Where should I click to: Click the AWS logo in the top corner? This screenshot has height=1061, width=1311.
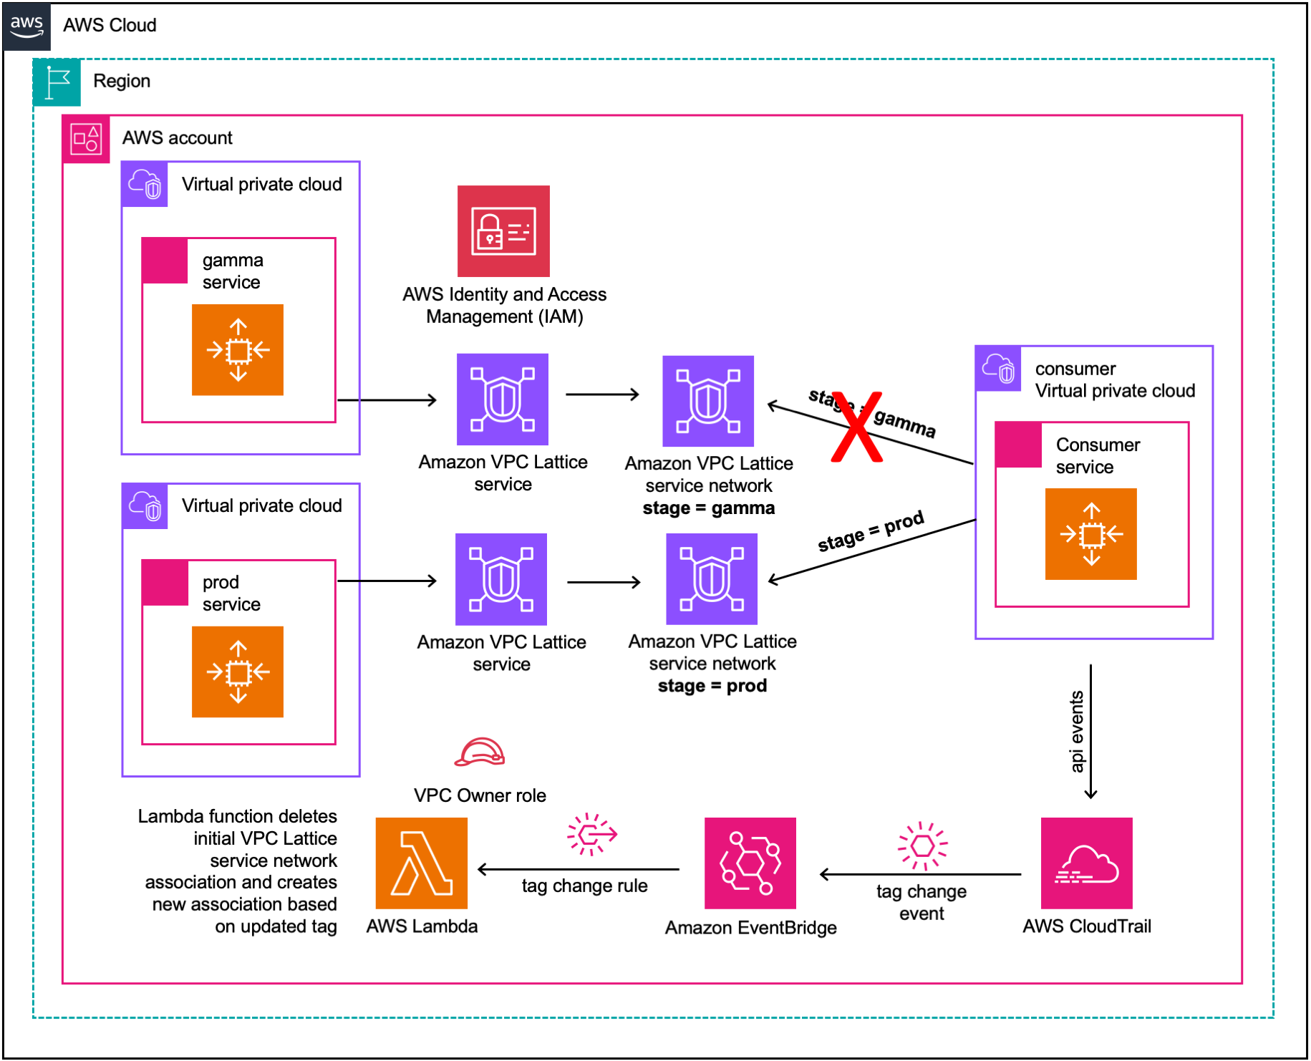pyautogui.click(x=26, y=26)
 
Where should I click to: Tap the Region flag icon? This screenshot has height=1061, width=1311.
pyautogui.click(x=57, y=82)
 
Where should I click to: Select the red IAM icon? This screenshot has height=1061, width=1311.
pyautogui.click(x=503, y=231)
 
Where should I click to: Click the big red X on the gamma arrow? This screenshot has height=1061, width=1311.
pyautogui.click(x=856, y=427)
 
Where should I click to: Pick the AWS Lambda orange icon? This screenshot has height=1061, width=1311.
pyautogui.click(x=421, y=863)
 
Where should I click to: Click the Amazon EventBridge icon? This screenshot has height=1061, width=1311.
pyautogui.click(x=750, y=863)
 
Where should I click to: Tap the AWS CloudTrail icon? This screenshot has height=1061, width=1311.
pyautogui.click(x=1086, y=863)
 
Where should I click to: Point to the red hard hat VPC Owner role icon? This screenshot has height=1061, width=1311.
pyautogui.click(x=480, y=752)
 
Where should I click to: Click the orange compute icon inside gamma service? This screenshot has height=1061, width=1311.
pyautogui.click(x=238, y=350)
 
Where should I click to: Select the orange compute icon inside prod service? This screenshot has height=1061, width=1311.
pyautogui.click(x=238, y=672)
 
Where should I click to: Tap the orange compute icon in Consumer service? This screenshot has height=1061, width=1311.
pyautogui.click(x=1090, y=534)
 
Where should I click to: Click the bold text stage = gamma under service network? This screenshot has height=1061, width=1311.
pyautogui.click(x=708, y=508)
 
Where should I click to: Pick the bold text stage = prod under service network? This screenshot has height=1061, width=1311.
pyautogui.click(x=712, y=686)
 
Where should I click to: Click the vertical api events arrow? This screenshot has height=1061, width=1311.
pyautogui.click(x=1090, y=730)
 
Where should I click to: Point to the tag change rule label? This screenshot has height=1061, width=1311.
pyautogui.click(x=584, y=886)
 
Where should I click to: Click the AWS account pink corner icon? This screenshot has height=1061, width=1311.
pyautogui.click(x=86, y=139)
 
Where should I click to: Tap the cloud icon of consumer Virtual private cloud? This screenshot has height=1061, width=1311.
pyautogui.click(x=998, y=369)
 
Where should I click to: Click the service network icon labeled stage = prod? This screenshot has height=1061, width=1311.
pyautogui.click(x=712, y=578)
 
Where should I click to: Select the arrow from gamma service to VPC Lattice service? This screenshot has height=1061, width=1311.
pyautogui.click(x=387, y=400)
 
